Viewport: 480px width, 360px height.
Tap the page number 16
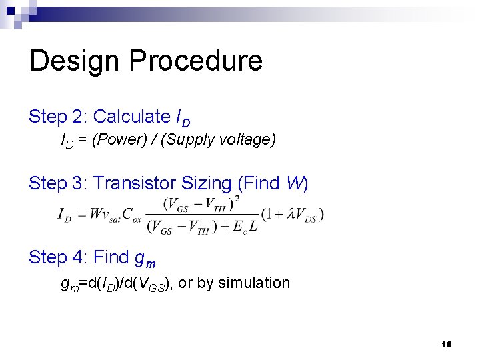pos(446,344)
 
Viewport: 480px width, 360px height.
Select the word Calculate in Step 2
pos(131,117)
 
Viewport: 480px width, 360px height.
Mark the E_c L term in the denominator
pos(245,227)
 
